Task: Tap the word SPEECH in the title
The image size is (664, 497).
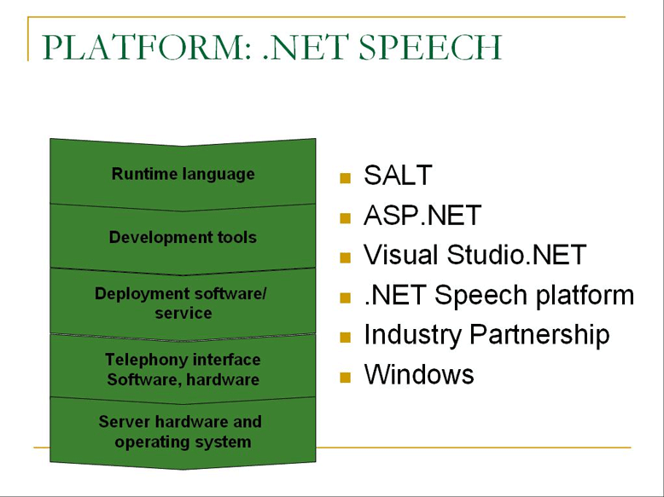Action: pyautogui.click(x=430, y=47)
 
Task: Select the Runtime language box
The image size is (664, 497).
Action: pyautogui.click(x=183, y=174)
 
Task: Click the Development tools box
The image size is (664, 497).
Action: pyautogui.click(x=183, y=238)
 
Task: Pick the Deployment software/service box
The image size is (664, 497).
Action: pyautogui.click(x=183, y=303)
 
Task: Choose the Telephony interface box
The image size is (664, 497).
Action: pyautogui.click(x=183, y=369)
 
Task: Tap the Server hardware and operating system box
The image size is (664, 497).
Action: pyautogui.click(x=183, y=432)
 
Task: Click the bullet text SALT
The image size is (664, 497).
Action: pyautogui.click(x=398, y=175)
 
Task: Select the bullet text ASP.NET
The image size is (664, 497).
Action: pyautogui.click(x=422, y=215)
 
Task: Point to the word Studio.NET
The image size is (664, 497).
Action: pyautogui.click(x=516, y=255)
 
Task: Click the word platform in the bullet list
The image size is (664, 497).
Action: pyautogui.click(x=585, y=295)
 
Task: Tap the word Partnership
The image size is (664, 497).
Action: pyautogui.click(x=540, y=335)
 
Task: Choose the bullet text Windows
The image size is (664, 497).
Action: pyautogui.click(x=419, y=374)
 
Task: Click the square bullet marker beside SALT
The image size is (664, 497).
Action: pyautogui.click(x=345, y=178)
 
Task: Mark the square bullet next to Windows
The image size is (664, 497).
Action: pyautogui.click(x=345, y=377)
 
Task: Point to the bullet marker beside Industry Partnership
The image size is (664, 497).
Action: pyautogui.click(x=345, y=337)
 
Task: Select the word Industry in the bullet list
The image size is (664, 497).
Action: pyautogui.click(x=412, y=335)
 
